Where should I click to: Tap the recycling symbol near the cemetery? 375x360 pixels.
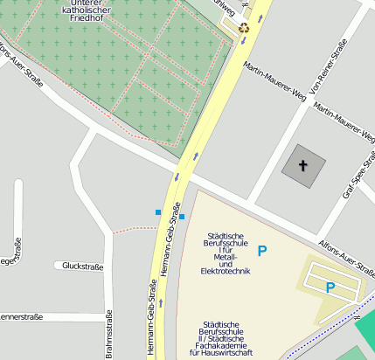pos(245,28)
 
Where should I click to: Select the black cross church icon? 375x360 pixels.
pos(303,164)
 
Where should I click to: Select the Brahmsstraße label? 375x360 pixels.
pos(109,334)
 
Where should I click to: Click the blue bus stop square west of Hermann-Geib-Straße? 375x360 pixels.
pos(158,211)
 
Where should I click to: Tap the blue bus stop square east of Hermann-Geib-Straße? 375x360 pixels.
pos(182,217)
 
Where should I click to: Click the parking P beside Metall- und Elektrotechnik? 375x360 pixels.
pos(261,251)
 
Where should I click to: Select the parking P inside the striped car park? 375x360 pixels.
pos(330,287)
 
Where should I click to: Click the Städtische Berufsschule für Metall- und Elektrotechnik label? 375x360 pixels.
pos(226,253)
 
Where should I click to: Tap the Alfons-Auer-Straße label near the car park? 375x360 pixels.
pos(346,255)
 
